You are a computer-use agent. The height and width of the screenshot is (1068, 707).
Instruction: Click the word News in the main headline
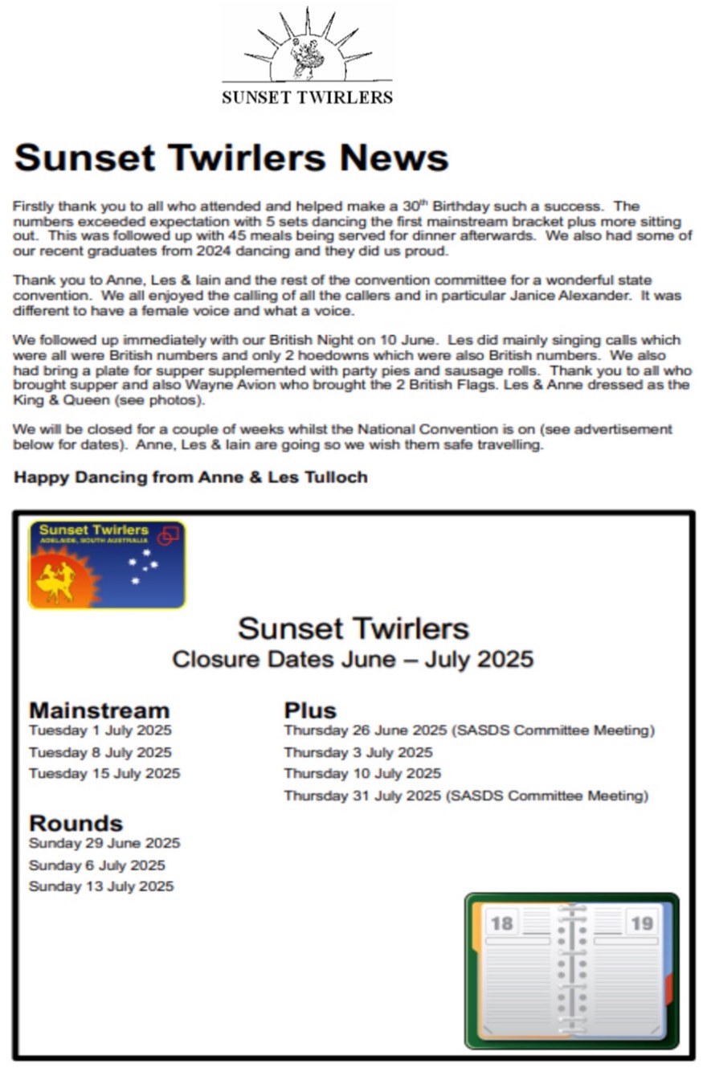click(x=393, y=158)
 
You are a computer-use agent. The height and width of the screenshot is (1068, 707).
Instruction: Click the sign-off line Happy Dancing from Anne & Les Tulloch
click(x=190, y=477)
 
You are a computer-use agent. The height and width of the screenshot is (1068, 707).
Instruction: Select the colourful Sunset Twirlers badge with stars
click(x=107, y=564)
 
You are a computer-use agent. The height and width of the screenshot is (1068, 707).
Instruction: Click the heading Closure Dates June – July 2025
click(x=353, y=660)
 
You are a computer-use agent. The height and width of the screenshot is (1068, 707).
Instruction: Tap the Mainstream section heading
click(x=100, y=710)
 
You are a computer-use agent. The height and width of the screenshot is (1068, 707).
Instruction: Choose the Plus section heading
click(x=310, y=710)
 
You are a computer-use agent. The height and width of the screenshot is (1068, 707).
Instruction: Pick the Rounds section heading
click(x=76, y=823)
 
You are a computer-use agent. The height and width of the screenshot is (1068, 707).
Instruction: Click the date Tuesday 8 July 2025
click(x=100, y=753)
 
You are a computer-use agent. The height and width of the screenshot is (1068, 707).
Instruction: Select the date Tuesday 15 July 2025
click(x=104, y=774)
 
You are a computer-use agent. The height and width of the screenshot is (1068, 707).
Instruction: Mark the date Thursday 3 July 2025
click(x=358, y=753)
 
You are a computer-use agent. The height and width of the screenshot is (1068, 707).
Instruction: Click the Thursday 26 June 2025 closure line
click(x=469, y=730)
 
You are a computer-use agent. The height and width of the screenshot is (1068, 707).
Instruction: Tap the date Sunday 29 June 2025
click(x=104, y=844)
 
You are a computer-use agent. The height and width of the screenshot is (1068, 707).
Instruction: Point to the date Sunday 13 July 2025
click(x=101, y=887)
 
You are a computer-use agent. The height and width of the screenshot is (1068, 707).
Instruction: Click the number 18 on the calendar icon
click(x=501, y=923)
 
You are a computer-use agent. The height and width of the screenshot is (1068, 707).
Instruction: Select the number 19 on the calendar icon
click(x=642, y=923)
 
